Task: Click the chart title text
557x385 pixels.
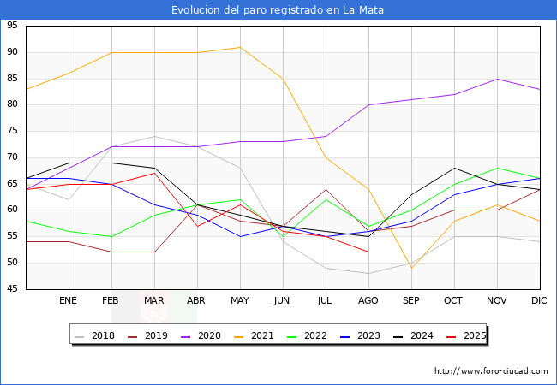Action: click(278, 10)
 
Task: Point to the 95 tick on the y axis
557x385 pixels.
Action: click(12, 26)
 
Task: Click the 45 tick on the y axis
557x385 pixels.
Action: click(12, 289)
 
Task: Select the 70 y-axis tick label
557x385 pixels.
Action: click(12, 157)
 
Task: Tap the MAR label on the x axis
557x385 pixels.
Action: click(154, 301)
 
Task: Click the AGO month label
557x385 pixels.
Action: click(368, 301)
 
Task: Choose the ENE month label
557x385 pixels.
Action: click(69, 301)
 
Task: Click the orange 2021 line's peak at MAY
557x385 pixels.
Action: click(240, 47)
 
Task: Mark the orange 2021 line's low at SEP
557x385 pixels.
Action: click(411, 268)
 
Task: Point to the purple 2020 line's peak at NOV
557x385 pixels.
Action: click(497, 79)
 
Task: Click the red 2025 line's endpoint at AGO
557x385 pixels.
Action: click(368, 252)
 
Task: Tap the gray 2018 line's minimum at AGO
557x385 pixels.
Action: click(368, 274)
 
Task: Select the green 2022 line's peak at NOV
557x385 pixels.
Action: click(497, 168)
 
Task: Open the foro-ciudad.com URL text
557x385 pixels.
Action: click(491, 371)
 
